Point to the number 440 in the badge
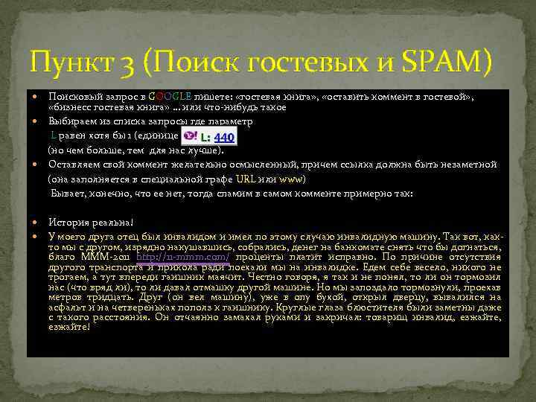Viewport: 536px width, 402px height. pos(224,137)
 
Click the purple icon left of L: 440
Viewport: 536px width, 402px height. pos(190,136)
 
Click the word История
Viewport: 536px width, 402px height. pos(68,222)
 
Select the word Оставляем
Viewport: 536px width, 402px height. pos(75,166)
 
